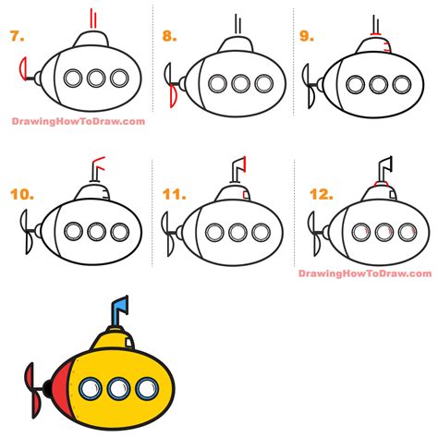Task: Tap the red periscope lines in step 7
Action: (92, 18)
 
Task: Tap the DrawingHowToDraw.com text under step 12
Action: (365, 273)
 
